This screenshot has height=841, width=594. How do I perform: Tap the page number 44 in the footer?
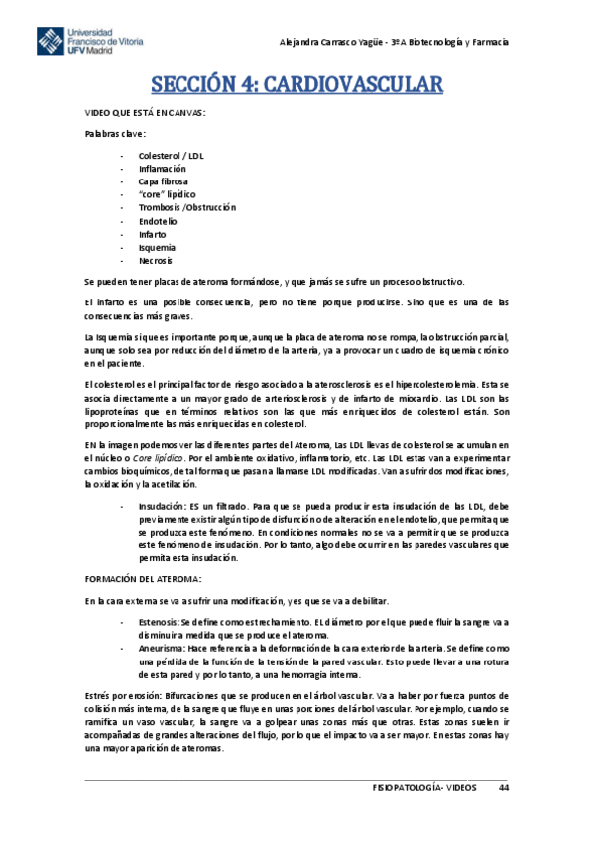pyautogui.click(x=504, y=787)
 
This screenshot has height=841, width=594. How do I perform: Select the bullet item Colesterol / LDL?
pyautogui.click(x=171, y=156)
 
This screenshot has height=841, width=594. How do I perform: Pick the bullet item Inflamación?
pyautogui.click(x=162, y=169)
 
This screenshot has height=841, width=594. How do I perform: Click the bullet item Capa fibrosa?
pyautogui.click(x=163, y=182)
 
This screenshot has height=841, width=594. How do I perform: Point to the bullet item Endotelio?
pyautogui.click(x=158, y=221)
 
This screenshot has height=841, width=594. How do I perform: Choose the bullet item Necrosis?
pyautogui.click(x=156, y=260)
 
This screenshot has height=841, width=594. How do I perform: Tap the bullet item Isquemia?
pyautogui.click(x=158, y=247)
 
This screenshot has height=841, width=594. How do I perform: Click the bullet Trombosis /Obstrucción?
pyautogui.click(x=187, y=208)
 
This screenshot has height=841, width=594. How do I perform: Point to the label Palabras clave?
pyautogui.click(x=115, y=134)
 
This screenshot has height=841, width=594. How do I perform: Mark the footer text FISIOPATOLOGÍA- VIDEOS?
pyautogui.click(x=422, y=787)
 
